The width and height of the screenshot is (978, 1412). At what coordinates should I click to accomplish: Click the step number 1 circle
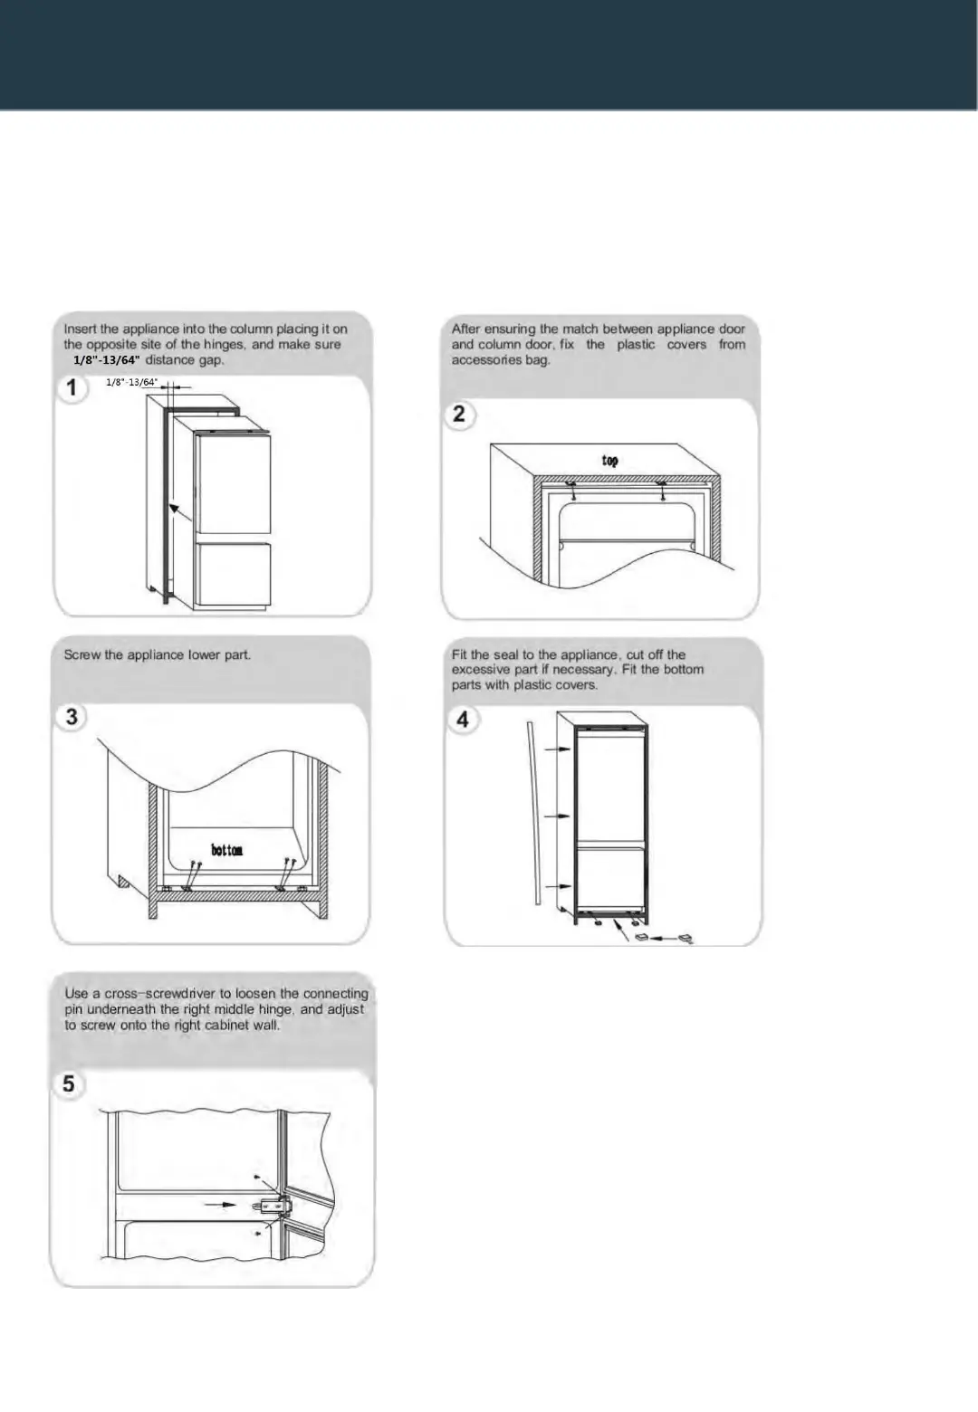pyautogui.click(x=72, y=389)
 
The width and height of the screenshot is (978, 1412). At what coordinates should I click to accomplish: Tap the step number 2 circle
pyautogui.click(x=459, y=414)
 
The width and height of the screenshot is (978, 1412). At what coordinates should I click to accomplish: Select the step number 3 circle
pyautogui.click(x=72, y=717)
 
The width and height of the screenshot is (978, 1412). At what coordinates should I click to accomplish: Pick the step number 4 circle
pyautogui.click(x=463, y=720)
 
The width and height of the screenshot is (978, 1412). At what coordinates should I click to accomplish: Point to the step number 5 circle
pyautogui.click(x=69, y=1083)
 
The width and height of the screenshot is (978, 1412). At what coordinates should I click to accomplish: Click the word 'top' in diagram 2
pyautogui.click(x=610, y=461)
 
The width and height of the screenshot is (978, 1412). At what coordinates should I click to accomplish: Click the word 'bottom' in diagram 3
pyautogui.click(x=226, y=850)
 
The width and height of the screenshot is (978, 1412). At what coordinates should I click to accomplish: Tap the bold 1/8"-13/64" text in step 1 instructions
pyautogui.click(x=107, y=360)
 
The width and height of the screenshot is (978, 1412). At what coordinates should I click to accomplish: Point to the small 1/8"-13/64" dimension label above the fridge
pyautogui.click(x=132, y=382)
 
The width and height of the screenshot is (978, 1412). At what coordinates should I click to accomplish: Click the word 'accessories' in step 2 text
pyautogui.click(x=487, y=360)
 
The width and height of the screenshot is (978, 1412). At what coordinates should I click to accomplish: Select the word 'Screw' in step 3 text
pyautogui.click(x=81, y=654)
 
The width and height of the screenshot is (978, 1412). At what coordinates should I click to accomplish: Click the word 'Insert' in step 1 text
pyautogui.click(x=81, y=329)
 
